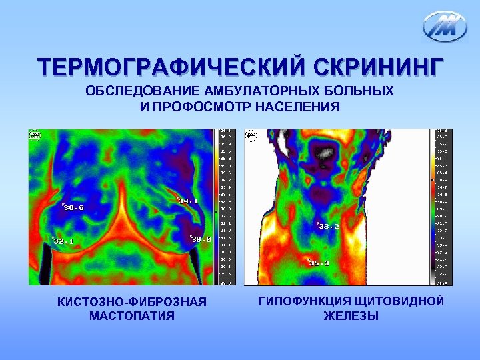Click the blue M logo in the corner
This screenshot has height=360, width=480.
pos(445,27)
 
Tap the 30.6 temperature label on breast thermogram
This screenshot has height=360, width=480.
pos(73,207)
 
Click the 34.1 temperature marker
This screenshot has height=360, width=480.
pos(188,201)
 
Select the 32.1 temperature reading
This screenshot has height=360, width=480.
pos(63,241)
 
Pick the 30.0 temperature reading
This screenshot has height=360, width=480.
pos(200,239)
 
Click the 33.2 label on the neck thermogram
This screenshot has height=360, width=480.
pos(328,226)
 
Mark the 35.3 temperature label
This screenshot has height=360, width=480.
pos(319,263)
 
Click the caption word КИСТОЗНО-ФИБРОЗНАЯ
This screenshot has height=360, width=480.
pos(132,303)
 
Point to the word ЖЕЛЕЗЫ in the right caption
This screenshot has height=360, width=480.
pos(351,316)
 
